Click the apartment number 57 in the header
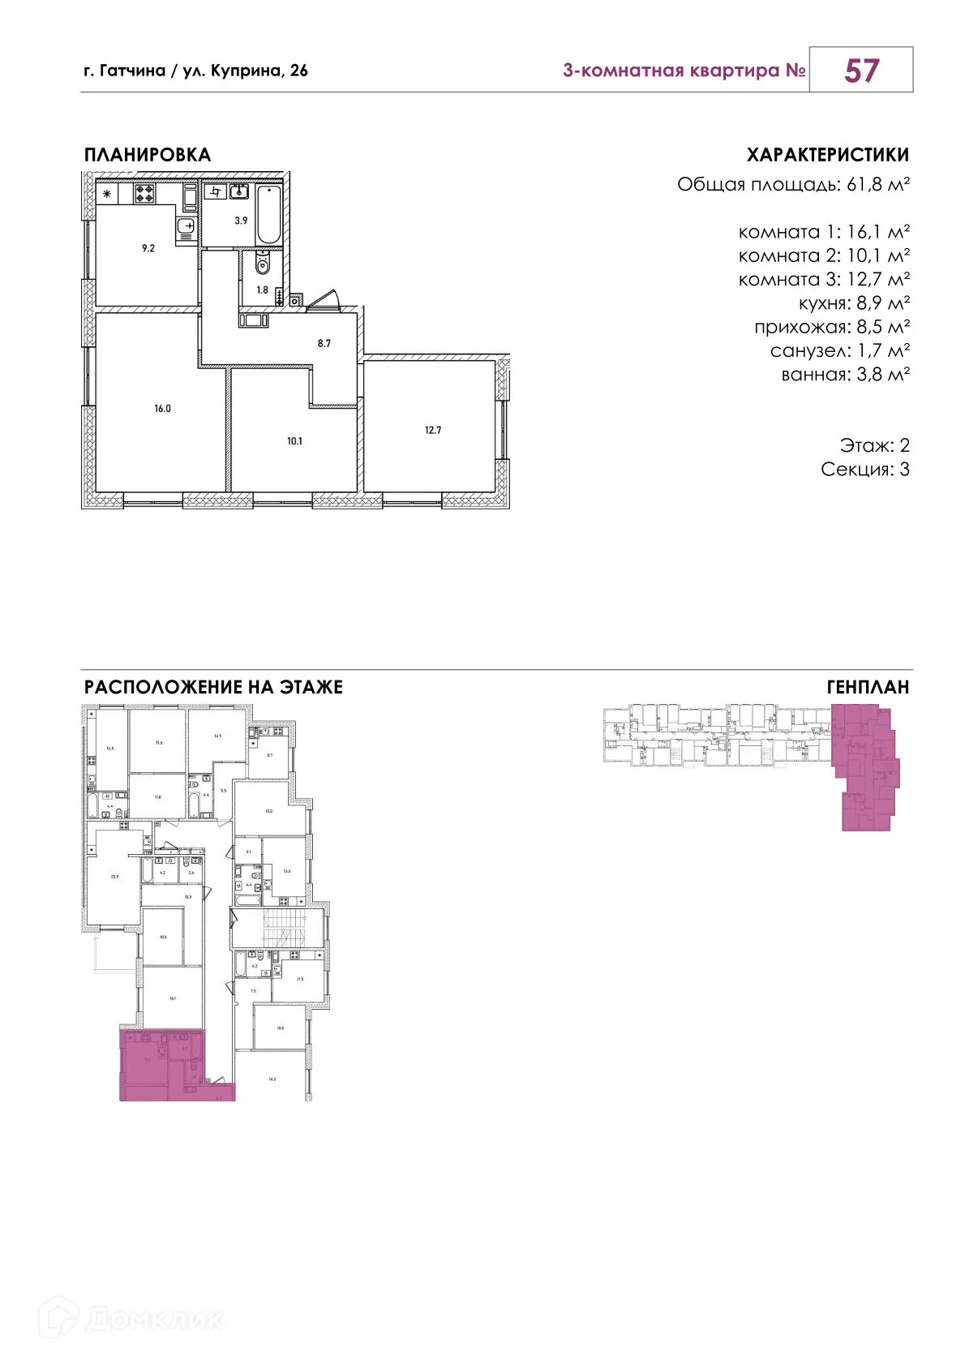tap(860, 71)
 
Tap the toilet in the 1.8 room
tap(261, 264)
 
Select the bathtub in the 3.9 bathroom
tap(268, 215)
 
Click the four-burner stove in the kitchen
tap(145, 193)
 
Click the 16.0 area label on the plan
tap(162, 409)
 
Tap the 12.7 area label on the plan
tap(433, 431)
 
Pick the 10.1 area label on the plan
tap(294, 441)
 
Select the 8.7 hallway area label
tap(324, 344)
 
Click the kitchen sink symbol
tap(186, 225)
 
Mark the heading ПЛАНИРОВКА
tap(148, 155)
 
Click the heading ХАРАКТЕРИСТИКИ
tap(827, 155)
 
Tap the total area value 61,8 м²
tap(877, 185)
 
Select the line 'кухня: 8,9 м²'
tap(854, 303)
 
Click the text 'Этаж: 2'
tap(874, 445)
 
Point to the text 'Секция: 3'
tap(864, 470)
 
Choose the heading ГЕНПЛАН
tap(868, 688)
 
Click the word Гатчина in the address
tap(132, 71)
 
